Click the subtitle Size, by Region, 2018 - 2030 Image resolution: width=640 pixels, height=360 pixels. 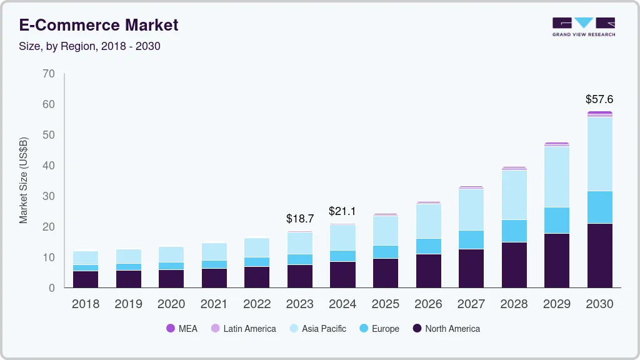point(90,46)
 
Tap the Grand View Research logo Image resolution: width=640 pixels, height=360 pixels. point(583,26)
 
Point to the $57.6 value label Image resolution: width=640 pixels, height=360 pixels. point(599,99)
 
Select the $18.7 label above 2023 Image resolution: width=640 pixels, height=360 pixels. point(300,219)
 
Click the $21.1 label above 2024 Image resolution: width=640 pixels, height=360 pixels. point(342,211)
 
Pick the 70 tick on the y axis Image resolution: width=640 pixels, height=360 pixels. point(49,74)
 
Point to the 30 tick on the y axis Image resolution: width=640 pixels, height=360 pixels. point(49,196)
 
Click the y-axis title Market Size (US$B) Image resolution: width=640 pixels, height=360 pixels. point(24,181)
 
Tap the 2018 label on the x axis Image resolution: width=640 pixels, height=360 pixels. point(85,304)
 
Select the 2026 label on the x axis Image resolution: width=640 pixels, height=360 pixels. point(428,304)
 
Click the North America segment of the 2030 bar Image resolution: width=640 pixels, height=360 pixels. point(599,255)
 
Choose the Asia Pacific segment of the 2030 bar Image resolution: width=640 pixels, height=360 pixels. point(599,154)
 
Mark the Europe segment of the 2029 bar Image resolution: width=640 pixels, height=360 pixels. point(556,220)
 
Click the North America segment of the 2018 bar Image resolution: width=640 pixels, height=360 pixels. point(85,279)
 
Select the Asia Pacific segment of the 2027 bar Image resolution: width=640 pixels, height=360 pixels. point(471,209)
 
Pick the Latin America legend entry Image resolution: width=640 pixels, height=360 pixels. point(243,329)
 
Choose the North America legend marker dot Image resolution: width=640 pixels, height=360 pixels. point(417,329)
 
